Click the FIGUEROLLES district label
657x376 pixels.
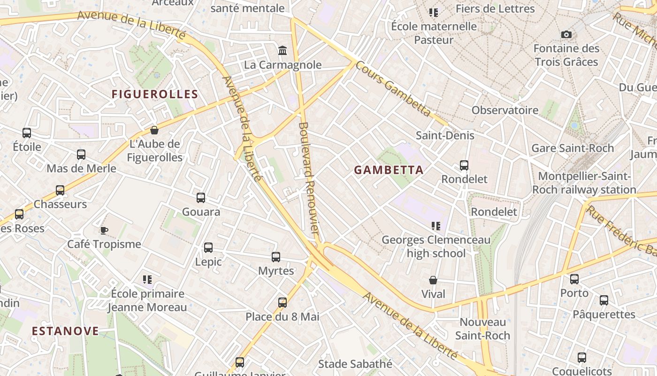pos(155,94)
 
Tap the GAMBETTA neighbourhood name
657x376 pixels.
pos(389,170)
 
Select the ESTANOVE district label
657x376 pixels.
pos(65,331)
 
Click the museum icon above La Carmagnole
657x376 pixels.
pos(283,50)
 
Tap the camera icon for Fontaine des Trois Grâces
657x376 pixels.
pos(566,34)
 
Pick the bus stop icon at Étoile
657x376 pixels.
pos(27,133)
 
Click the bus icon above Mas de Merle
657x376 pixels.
pos(81,154)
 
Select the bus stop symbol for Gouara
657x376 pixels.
pos(201,198)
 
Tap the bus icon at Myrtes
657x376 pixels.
pos(276,257)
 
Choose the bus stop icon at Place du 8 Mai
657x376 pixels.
pos(283,303)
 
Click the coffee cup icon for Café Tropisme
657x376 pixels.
pos(104,230)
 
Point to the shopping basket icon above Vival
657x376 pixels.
pos(433,280)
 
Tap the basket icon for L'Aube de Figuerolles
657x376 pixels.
pos(154,130)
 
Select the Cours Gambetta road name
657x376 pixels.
pos(393,88)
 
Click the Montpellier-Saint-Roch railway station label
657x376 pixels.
pos(584,183)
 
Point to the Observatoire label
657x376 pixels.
pos(505,110)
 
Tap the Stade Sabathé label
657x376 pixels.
pos(355,364)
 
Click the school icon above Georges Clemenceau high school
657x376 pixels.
pos(436,226)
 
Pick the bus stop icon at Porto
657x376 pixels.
pos(574,279)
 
